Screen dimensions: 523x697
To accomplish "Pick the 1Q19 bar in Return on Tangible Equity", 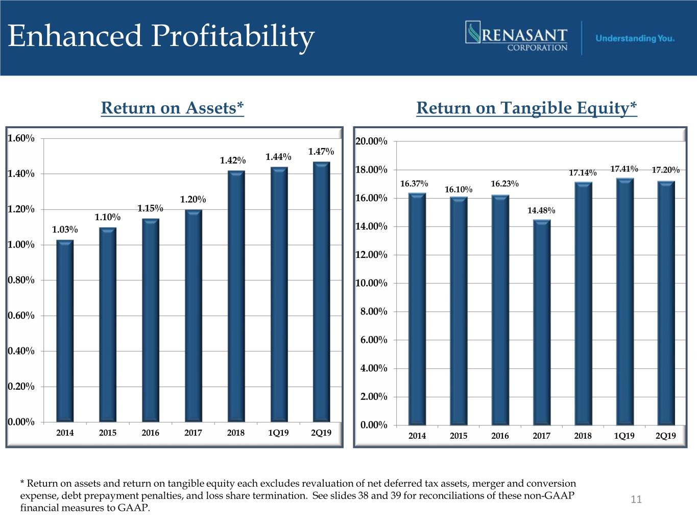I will [x=624, y=301].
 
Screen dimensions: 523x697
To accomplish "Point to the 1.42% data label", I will [x=232, y=160].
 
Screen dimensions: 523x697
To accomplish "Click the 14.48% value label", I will [x=541, y=210].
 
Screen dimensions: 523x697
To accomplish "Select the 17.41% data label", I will [x=624, y=169].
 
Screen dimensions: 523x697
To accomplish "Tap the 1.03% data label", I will [x=65, y=230].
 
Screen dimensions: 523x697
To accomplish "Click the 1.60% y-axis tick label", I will [x=21, y=138].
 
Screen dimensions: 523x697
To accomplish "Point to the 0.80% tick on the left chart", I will [x=21, y=280].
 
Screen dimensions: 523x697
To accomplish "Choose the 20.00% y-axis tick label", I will [x=371, y=141].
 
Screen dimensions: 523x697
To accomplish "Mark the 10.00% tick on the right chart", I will [x=371, y=283].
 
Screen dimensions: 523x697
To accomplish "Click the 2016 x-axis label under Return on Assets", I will [x=150, y=433].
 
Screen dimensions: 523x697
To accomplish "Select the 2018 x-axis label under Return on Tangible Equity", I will [x=583, y=436].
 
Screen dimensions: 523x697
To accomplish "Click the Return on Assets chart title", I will [x=172, y=108].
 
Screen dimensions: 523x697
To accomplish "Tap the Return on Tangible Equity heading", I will [x=526, y=108].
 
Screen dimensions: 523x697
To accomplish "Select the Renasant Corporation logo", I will [x=517, y=36].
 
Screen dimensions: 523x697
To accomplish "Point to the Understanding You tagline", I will [x=635, y=38].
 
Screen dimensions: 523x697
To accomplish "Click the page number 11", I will [x=636, y=500].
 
